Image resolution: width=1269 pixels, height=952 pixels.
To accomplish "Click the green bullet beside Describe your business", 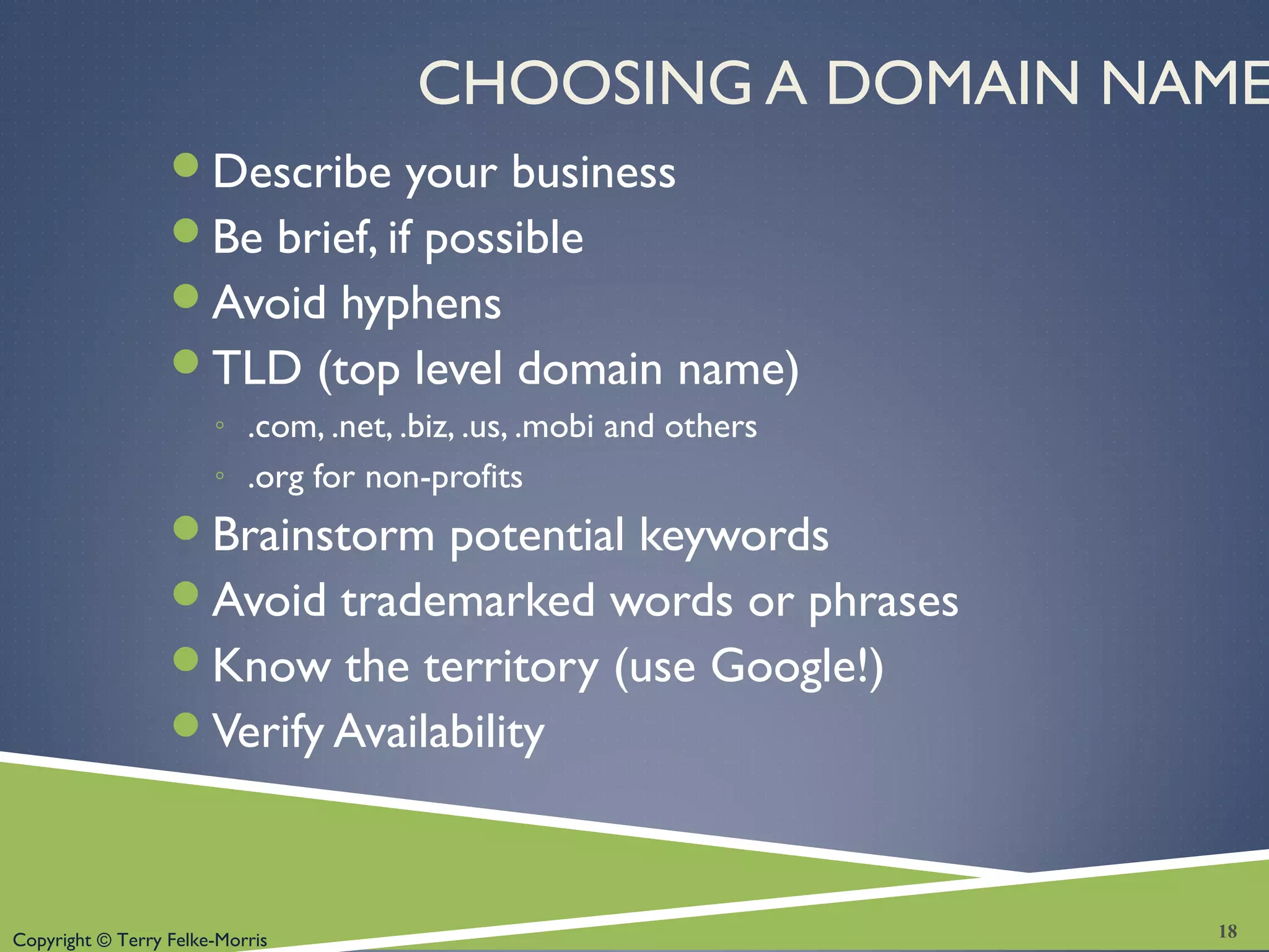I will point(186,165).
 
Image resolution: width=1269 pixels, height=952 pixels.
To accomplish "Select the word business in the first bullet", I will point(593,172).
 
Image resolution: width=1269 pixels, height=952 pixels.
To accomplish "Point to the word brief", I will point(327,237).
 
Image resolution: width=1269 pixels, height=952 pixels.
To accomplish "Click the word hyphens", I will point(421,304).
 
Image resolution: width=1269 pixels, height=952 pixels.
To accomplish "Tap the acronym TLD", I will point(257,368).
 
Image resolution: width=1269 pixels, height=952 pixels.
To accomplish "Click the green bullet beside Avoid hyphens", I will point(186,296).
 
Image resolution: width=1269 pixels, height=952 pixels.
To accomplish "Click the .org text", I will point(275,478).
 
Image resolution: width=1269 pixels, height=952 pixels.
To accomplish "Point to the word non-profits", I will point(444,478).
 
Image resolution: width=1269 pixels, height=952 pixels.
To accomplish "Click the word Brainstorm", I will point(323,535).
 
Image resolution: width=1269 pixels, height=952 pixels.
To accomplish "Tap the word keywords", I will point(734,535).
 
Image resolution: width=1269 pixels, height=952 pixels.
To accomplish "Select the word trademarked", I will point(468,601).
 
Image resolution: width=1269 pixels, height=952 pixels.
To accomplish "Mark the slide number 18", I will point(1227,931).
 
